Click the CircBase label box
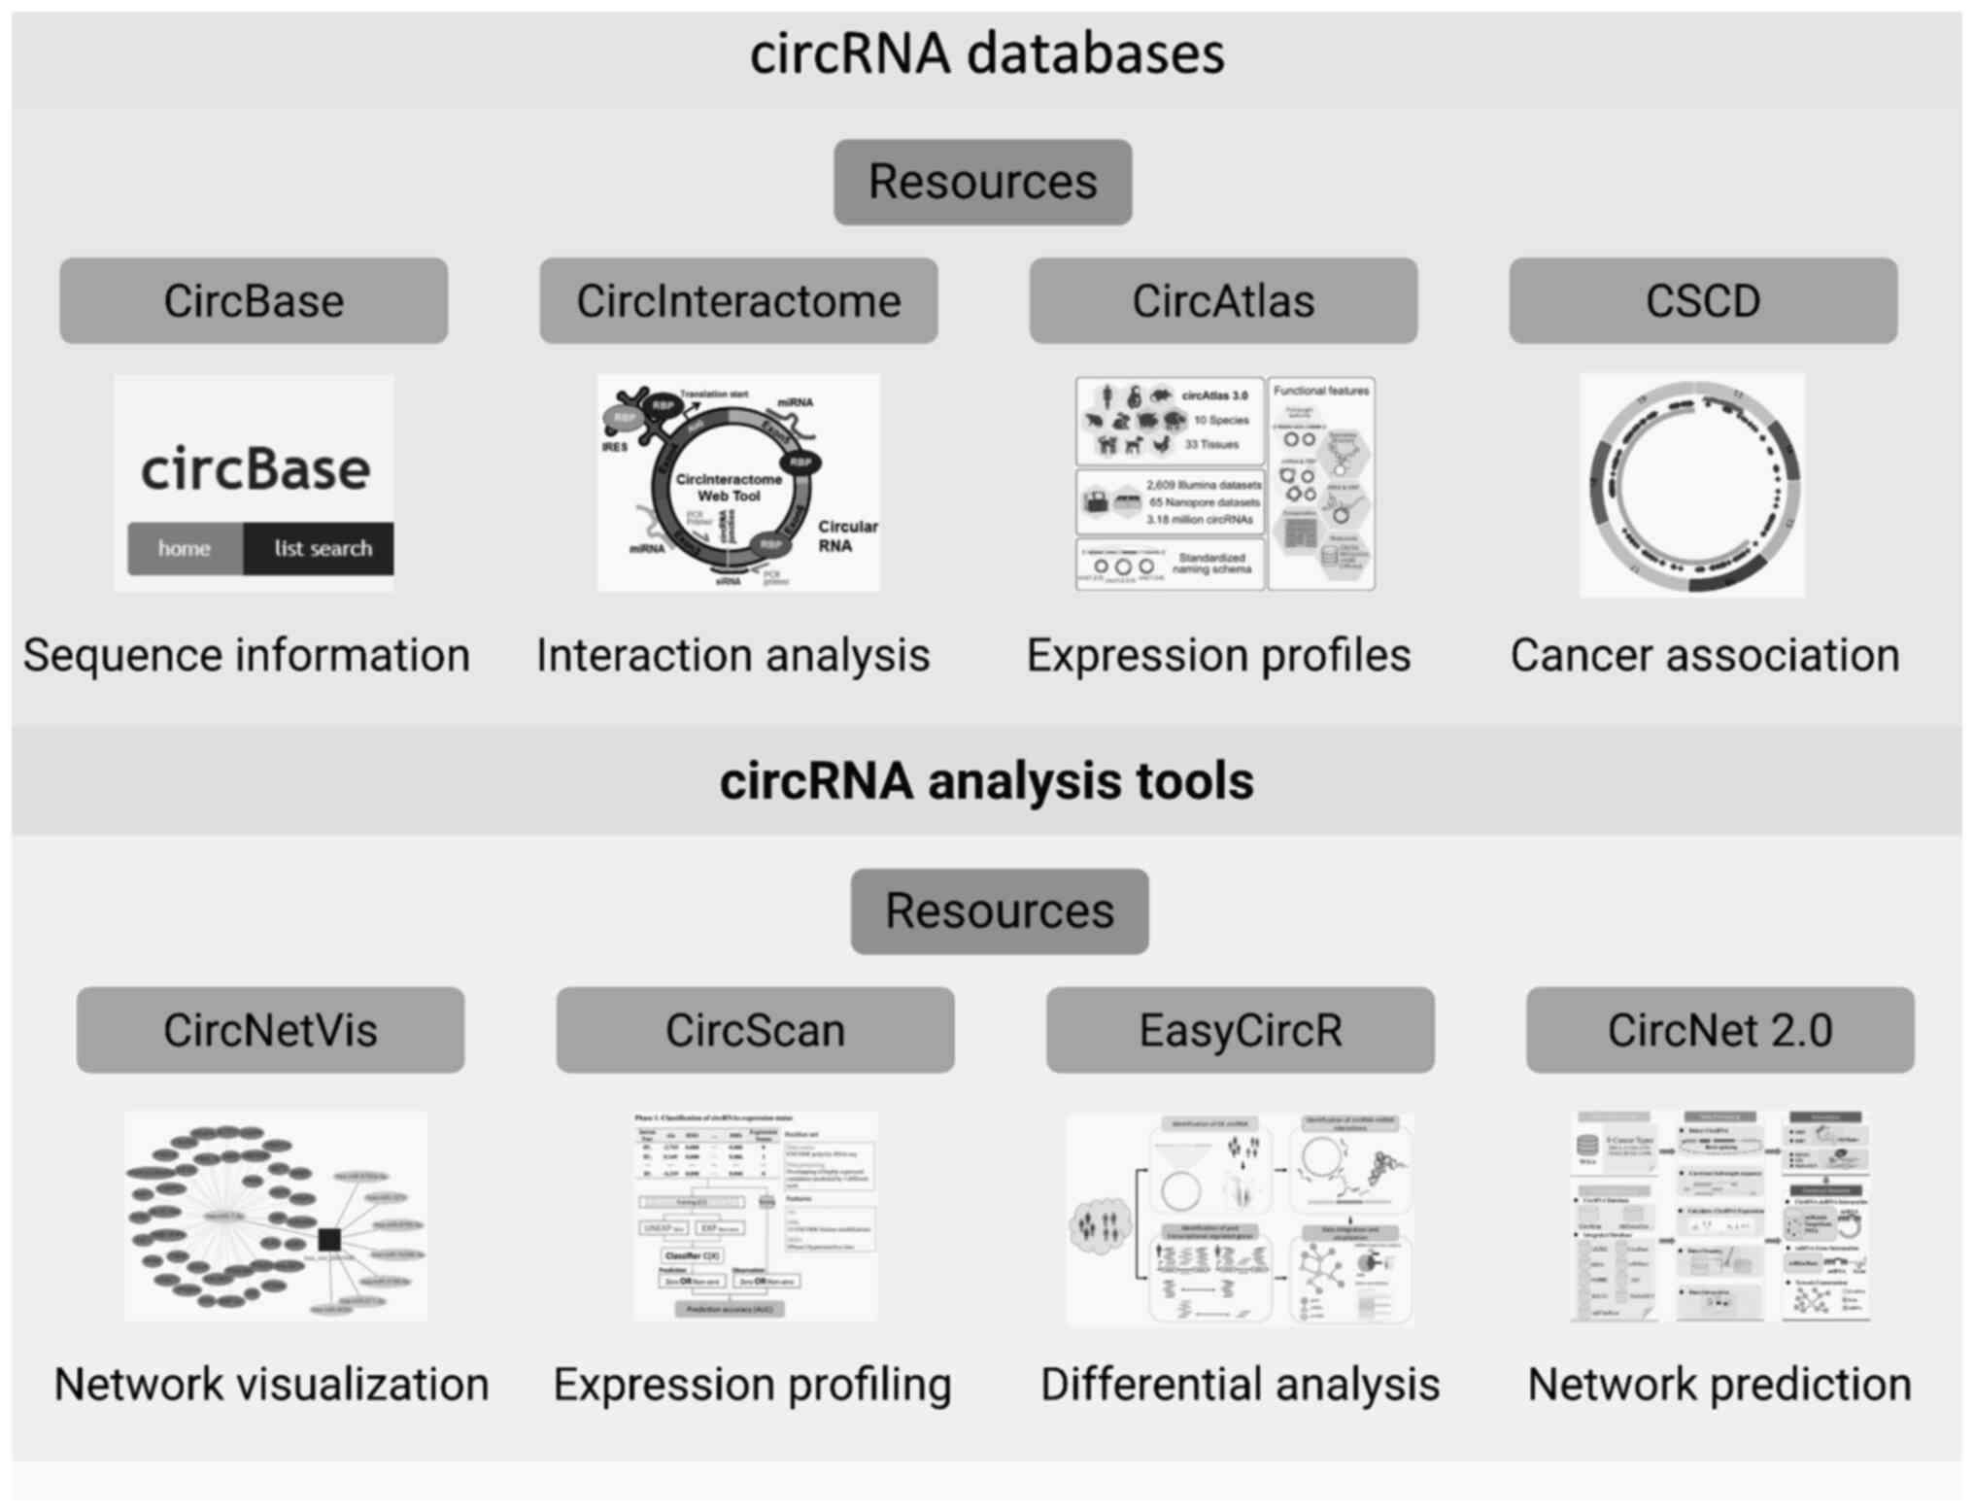click(254, 301)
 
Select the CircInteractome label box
click(738, 301)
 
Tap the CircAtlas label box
click(1223, 301)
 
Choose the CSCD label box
click(1703, 301)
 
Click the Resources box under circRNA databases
click(982, 183)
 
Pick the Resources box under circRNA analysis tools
click(1000, 911)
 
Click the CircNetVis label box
click(270, 1030)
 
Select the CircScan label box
click(755, 1030)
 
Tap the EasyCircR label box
click(1240, 1030)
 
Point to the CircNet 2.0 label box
click(1719, 1030)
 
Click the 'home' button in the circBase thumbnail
click(185, 549)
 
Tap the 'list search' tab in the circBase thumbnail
click(322, 549)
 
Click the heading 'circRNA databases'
click(987, 53)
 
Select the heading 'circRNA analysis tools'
click(987, 781)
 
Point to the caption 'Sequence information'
click(247, 655)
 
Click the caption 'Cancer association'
click(1705, 655)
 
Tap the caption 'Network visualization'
click(271, 1385)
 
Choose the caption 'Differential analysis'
click(1240, 1385)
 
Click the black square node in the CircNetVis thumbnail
click(329, 1239)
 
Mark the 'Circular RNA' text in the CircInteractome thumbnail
click(847, 535)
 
